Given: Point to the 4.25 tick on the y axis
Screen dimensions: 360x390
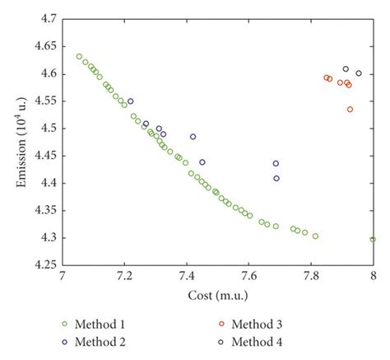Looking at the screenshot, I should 45,265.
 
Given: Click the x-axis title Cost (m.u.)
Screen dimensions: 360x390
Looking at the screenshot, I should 217,293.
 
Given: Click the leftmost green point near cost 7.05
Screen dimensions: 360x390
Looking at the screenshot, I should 79,57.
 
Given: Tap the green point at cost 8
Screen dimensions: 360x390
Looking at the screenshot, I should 373,240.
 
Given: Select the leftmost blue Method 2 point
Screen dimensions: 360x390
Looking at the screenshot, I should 130,101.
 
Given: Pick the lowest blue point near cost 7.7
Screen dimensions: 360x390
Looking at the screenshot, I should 276,178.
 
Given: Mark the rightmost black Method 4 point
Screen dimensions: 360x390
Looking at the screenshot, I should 359,73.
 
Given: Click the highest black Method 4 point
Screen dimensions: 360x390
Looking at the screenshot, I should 346,69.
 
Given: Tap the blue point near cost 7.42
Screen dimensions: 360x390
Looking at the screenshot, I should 193,137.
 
